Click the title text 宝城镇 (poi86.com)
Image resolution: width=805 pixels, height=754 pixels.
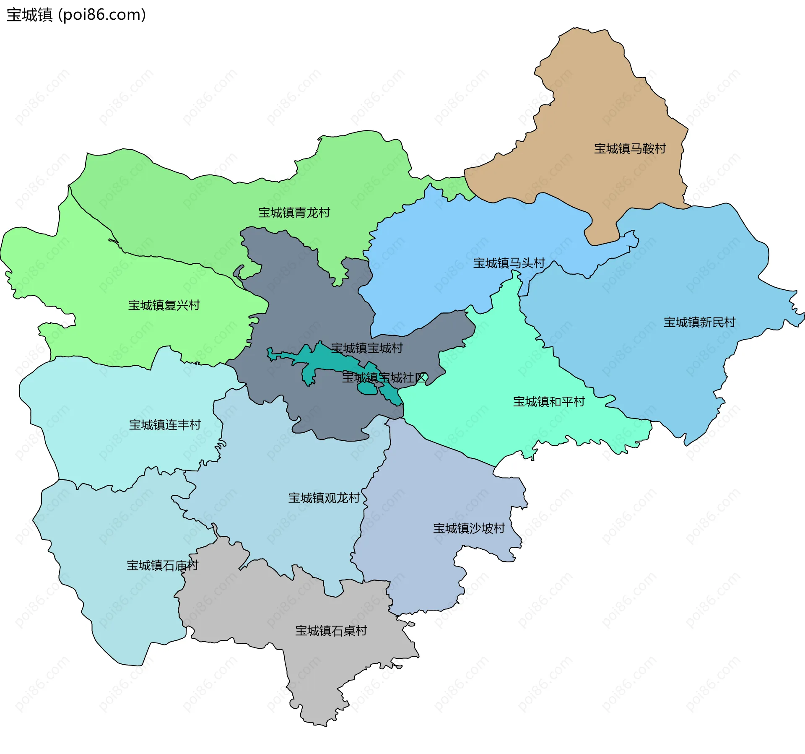point(76,15)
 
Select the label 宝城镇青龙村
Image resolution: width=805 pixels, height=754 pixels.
point(294,213)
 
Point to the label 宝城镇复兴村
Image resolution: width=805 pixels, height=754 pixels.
point(164,305)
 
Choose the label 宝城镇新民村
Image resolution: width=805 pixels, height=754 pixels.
point(699,322)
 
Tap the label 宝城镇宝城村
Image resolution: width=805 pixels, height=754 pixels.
point(366,348)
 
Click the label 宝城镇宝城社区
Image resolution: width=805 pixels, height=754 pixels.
point(384,377)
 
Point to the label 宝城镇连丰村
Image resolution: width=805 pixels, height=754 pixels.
point(165,424)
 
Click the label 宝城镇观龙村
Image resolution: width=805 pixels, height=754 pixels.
point(324,498)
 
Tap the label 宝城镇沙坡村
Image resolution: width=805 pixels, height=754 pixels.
point(469,528)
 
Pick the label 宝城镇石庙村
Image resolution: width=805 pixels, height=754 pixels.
point(162,565)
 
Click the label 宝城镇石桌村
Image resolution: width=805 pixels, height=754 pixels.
point(331,630)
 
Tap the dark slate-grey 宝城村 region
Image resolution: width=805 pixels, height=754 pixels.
point(302,294)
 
